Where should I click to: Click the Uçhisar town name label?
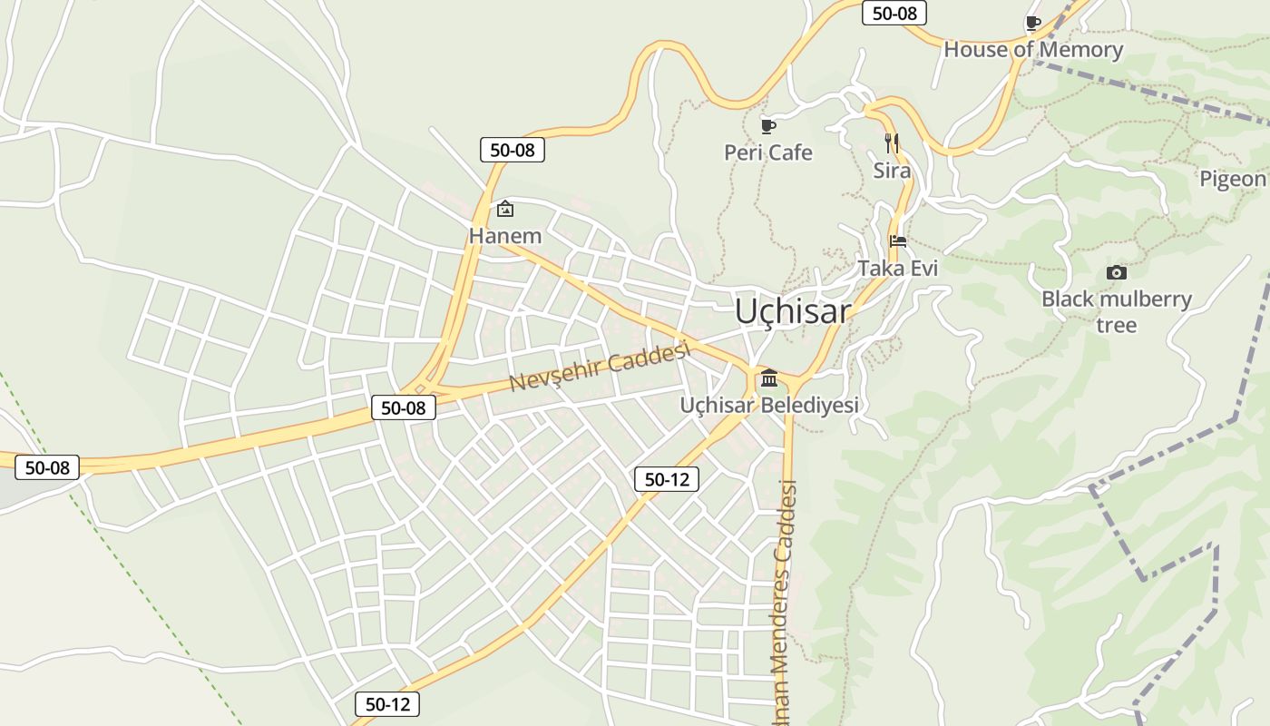793,311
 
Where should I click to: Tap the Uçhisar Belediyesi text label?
769,405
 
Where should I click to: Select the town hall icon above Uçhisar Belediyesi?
769,378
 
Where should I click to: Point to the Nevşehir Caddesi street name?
600,366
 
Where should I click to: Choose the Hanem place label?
505,236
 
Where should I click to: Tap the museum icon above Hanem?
505,210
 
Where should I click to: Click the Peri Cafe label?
768,152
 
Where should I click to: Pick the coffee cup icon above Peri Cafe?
768,126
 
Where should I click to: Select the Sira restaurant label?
892,170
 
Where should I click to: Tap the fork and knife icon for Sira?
892,143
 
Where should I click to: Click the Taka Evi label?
898,268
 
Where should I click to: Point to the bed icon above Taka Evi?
898,241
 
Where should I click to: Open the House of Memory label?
1033,49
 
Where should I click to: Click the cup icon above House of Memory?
1032,23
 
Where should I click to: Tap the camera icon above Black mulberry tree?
1117,272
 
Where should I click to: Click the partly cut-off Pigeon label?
1233,179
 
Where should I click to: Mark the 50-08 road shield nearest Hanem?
513,150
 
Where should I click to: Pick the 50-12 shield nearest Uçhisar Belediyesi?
667,479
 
